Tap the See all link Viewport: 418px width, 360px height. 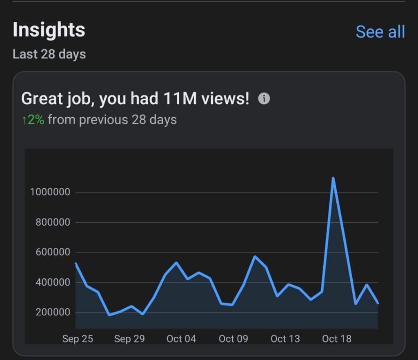pos(380,32)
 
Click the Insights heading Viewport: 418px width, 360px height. pos(49,30)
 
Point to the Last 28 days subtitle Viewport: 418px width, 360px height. pos(49,54)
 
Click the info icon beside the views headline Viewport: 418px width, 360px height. pos(264,98)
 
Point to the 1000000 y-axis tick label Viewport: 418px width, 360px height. pos(50,192)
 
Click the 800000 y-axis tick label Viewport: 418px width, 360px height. pos(53,223)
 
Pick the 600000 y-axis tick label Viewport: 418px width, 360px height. pos(53,253)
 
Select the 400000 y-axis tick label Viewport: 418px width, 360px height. pos(53,282)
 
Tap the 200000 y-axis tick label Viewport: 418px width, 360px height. pos(53,313)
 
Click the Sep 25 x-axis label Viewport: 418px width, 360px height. pos(78,339)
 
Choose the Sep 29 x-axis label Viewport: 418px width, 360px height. pos(129,339)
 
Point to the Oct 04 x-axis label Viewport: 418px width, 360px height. pos(181,339)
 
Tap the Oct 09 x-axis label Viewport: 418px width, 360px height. pos(233,339)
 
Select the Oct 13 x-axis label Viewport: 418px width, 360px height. pos(285,339)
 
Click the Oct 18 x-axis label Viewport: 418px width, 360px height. pos(336,339)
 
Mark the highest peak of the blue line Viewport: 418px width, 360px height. pos(334,178)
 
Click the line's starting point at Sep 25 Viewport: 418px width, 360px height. pos(76,264)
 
